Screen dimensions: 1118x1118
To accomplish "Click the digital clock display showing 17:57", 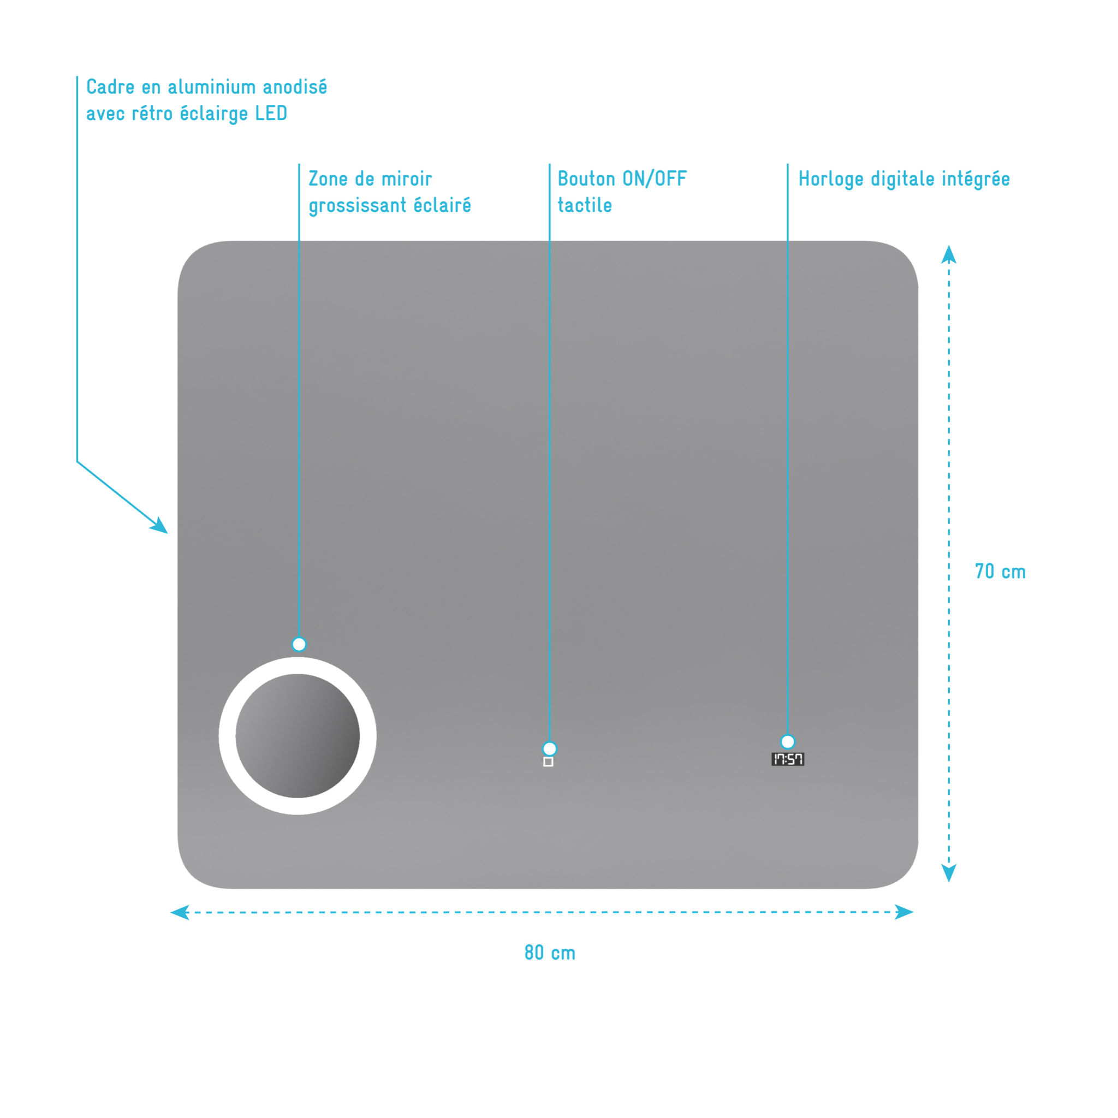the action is coord(788,759).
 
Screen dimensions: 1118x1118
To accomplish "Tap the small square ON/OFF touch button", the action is coord(549,762).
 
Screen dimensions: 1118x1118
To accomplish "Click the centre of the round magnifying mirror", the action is coord(298,736).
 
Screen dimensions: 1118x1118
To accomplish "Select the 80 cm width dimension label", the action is coord(550,953).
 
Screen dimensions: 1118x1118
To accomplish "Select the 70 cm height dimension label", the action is coord(1000,572).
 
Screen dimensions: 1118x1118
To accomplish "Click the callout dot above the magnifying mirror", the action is coord(299,644).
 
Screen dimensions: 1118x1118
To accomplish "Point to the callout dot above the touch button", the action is coord(550,749).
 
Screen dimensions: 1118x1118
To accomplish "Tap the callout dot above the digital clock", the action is coord(788,741).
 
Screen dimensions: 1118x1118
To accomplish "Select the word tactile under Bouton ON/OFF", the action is coord(585,205).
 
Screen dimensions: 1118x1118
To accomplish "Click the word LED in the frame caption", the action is coord(271,114).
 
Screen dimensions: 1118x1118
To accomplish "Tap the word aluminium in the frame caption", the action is coord(211,87).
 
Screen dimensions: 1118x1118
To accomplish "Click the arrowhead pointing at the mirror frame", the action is coord(160,526).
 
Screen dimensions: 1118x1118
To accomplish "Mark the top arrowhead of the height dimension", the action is coord(948,254).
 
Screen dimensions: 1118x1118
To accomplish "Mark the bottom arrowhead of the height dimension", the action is coord(948,873).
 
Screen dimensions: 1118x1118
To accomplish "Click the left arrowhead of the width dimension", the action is coord(180,912).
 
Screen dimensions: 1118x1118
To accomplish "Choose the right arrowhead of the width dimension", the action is coord(904,912).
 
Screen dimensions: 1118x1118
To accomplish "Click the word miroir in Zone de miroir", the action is coord(406,179).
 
